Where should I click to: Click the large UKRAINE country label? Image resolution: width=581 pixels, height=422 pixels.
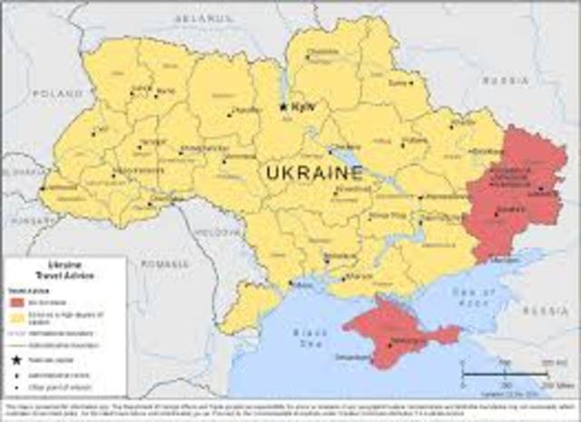click(314, 171)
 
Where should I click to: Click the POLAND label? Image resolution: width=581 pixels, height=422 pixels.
click(56, 93)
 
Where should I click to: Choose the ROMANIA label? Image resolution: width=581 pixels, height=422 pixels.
click(162, 263)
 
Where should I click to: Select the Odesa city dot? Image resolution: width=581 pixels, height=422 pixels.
click(290, 283)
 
